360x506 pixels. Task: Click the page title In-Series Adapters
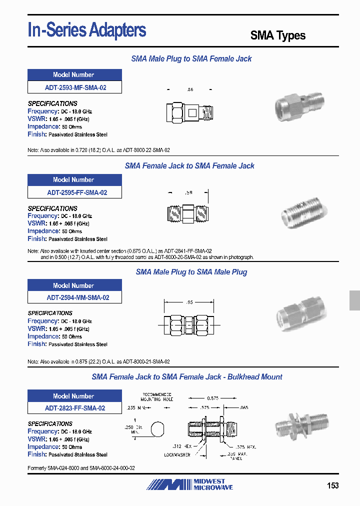[x=87, y=31]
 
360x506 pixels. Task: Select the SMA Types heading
[x=277, y=35]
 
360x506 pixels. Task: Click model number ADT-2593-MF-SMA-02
[x=75, y=87]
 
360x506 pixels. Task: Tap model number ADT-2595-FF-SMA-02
[x=75, y=192]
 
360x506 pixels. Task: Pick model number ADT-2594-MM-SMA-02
[x=75, y=297]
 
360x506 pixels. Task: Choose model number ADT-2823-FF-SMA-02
[x=75, y=408]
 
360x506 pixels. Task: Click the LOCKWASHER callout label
[x=178, y=454]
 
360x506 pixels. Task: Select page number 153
[x=332, y=485]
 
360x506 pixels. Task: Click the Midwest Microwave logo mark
[x=169, y=484]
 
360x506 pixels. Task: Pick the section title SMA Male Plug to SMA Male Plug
[x=191, y=272]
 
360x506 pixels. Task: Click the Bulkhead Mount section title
[x=187, y=377]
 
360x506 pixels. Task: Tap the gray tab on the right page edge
[x=354, y=301]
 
